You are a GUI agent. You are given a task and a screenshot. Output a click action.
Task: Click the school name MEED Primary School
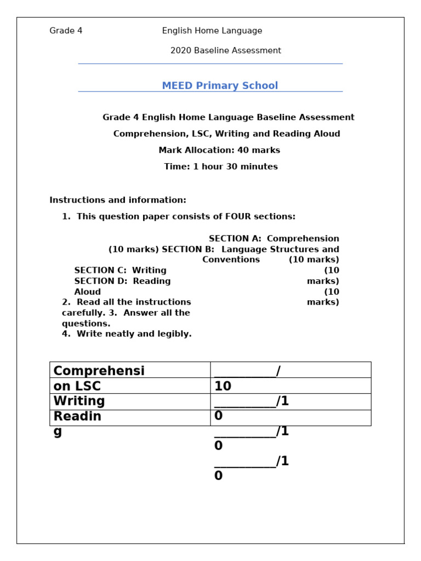click(x=220, y=85)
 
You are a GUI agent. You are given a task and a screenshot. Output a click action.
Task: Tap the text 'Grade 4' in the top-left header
click(x=66, y=31)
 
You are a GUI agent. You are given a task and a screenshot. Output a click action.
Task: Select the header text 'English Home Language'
click(x=212, y=31)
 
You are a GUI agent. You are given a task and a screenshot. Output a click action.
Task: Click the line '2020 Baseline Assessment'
click(x=225, y=50)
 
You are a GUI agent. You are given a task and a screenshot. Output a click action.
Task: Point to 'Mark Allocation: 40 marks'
click(x=219, y=150)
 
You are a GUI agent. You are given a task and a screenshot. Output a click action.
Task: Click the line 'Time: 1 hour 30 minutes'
click(x=221, y=167)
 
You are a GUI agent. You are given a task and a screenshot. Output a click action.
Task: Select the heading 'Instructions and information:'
click(x=118, y=200)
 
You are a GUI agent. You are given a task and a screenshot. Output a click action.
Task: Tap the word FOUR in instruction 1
click(x=238, y=216)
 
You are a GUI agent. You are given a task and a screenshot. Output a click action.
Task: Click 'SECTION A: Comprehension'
click(x=274, y=238)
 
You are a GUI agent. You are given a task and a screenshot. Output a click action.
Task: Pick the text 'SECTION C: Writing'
click(x=121, y=270)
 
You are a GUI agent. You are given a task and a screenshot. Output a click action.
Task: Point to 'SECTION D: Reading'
click(x=123, y=281)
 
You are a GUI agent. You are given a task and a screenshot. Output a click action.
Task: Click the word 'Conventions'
click(x=231, y=260)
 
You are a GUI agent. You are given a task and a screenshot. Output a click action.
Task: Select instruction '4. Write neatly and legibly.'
click(x=127, y=334)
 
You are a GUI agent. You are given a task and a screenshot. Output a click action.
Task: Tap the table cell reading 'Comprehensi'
click(x=99, y=370)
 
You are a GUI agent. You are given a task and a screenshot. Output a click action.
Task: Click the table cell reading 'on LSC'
click(x=77, y=386)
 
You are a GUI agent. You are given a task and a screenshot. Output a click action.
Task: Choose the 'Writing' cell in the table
click(x=79, y=401)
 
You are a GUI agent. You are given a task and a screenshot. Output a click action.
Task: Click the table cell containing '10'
click(x=223, y=386)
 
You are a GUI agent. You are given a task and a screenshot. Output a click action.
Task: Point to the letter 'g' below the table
click(x=58, y=432)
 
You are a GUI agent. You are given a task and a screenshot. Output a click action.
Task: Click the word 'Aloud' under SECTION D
click(x=88, y=291)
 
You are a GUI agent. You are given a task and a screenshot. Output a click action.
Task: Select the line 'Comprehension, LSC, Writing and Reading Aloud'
click(x=226, y=134)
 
